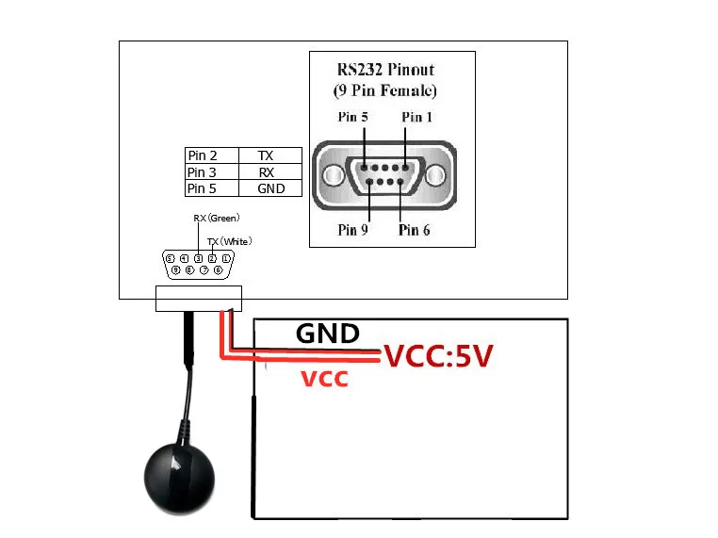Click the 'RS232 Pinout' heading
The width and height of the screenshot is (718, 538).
coord(386,70)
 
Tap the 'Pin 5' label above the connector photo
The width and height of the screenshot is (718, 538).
coord(353,117)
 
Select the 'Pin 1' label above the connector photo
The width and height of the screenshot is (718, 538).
coord(417,117)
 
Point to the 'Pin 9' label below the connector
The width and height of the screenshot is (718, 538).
coord(352,229)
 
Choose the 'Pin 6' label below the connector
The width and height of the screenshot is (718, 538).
coord(415,229)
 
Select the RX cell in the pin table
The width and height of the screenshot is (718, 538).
coord(267,172)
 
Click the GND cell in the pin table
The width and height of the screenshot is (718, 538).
coord(270,188)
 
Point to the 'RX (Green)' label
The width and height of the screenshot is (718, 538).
coord(217,218)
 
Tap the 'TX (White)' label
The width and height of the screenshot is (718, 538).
coord(229,241)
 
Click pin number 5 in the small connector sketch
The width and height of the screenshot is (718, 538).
coord(170,257)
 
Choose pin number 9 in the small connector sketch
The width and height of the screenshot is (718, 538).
coord(176,269)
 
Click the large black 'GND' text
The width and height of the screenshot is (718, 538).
coord(327,334)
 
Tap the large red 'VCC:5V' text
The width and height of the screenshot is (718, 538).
coord(437,357)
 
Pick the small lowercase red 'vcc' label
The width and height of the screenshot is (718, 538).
coord(324,379)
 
